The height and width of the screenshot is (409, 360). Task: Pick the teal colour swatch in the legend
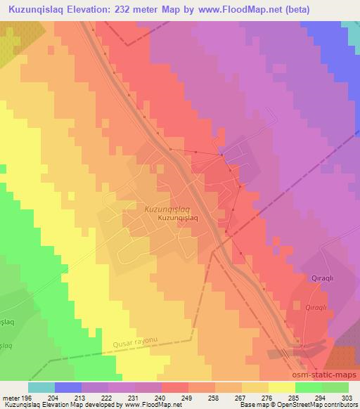41,387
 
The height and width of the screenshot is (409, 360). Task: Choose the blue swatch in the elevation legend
68,387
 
